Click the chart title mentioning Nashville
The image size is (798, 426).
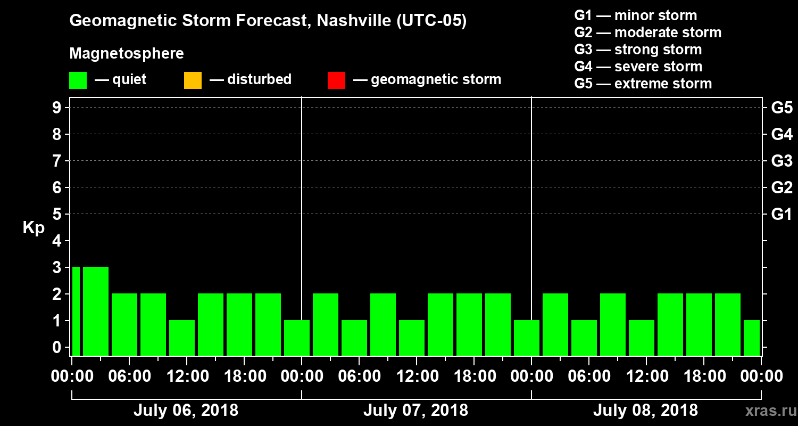click(268, 21)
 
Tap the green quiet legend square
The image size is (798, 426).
click(78, 80)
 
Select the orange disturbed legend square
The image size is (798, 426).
click(193, 80)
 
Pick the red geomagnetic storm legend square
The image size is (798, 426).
click(336, 80)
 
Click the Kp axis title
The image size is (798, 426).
click(34, 227)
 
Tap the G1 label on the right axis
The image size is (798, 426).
click(782, 214)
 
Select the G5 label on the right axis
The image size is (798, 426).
click(782, 108)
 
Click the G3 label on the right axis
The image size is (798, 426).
click(782, 161)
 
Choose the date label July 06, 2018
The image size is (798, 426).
click(186, 411)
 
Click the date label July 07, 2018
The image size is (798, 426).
click(415, 411)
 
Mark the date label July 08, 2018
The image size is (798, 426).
click(645, 411)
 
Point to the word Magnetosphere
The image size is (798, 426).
click(127, 54)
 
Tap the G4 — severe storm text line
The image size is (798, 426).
click(638, 67)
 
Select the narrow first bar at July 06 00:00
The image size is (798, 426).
click(76, 311)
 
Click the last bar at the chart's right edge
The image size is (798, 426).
click(752, 338)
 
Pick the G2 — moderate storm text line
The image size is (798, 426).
click(648, 32)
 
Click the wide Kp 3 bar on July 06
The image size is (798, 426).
click(96, 311)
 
